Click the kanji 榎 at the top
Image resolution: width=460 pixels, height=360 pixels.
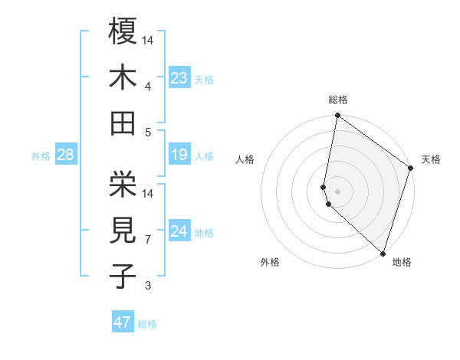123,31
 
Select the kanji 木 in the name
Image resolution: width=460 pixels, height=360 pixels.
123,77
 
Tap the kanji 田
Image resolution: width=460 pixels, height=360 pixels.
123,123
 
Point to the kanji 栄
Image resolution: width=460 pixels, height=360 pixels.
123,184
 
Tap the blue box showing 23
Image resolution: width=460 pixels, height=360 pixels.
179,77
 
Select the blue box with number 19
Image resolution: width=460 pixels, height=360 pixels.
179,155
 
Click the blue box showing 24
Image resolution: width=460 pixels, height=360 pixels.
179,231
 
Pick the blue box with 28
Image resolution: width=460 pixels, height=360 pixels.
66,155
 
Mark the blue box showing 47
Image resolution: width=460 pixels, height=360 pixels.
123,322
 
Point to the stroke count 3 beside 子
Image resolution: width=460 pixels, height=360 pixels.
148,286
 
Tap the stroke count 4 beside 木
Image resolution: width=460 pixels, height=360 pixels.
148,87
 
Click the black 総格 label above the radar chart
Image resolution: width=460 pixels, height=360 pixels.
338,100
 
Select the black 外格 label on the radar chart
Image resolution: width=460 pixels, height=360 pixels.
270,262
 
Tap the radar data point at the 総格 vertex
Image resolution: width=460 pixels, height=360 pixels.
337,117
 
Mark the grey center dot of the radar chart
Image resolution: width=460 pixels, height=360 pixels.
338,191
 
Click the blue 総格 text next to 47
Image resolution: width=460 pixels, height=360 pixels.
147,324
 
